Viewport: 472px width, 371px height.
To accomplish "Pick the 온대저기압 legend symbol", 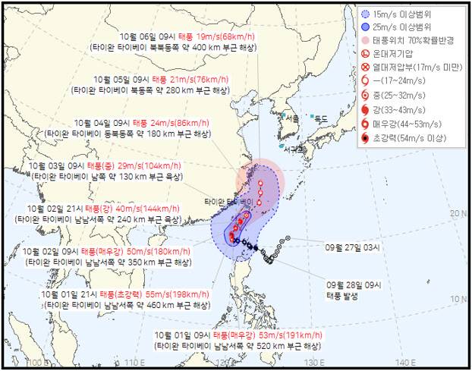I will (x=366, y=54).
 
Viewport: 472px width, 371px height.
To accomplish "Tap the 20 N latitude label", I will (x=456, y=214).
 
